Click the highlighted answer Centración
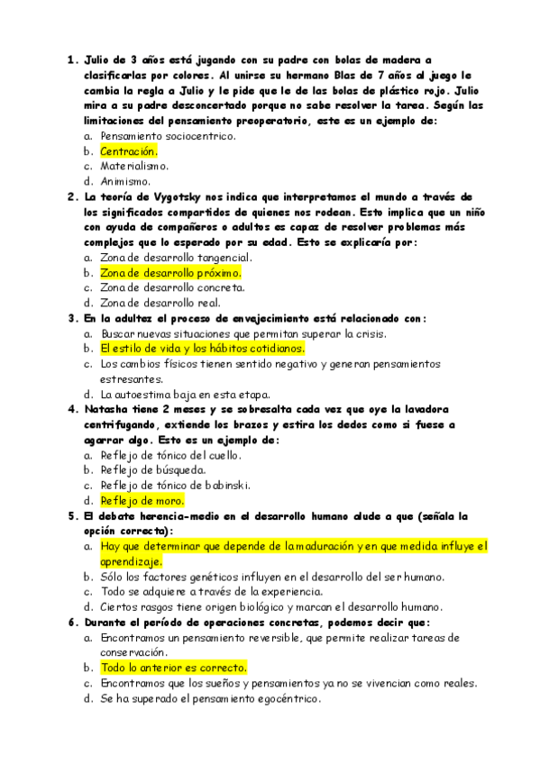(128, 151)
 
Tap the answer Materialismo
(134, 166)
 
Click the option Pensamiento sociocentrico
(168, 136)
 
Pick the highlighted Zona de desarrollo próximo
(170, 272)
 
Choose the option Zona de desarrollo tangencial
(176, 258)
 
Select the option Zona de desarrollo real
(160, 303)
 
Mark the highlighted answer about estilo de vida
(202, 348)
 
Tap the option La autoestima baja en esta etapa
(185, 394)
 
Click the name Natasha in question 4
(104, 409)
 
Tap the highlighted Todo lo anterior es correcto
(173, 668)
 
